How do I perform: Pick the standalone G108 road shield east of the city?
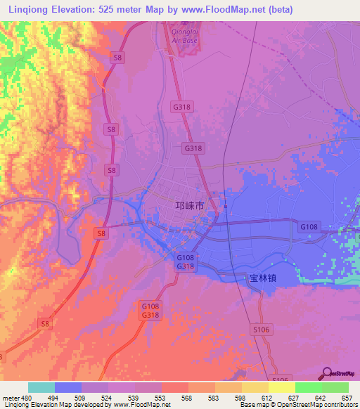coord(309,227)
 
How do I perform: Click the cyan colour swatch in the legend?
coord(41,387)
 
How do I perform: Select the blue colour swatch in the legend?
coord(68,387)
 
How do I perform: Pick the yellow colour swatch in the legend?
coord(281,387)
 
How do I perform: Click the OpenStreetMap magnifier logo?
coord(327,372)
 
